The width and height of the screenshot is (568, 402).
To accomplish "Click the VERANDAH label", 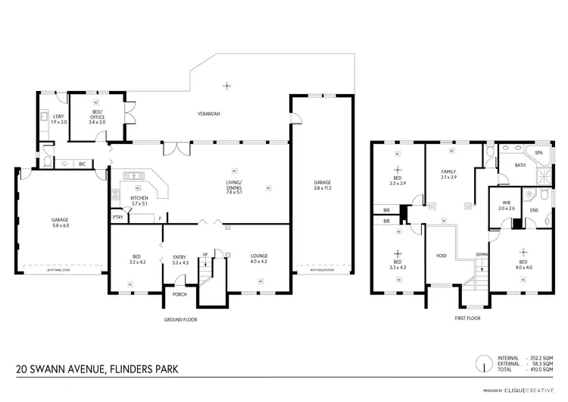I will coord(209,114).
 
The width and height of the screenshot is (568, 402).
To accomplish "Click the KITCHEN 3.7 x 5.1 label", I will coord(139,201).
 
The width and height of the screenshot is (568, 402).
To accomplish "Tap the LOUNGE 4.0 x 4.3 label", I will coord(259,259).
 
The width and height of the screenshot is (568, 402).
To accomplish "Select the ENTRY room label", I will coord(180,259).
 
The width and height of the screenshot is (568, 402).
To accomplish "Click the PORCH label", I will coord(180,294).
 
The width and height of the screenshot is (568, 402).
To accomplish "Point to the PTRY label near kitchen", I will coord(118,218).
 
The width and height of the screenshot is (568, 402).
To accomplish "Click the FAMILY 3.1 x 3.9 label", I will coord(450,175).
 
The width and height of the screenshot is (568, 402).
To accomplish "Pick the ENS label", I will coord(534,210).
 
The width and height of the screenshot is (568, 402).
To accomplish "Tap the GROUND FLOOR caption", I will coord(180,319).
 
